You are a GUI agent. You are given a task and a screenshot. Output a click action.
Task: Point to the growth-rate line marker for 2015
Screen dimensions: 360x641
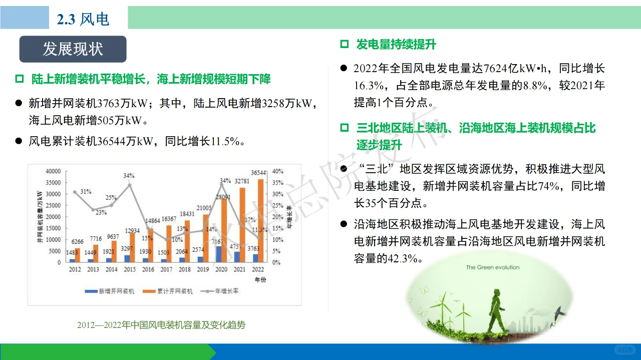pyautogui.click(x=129, y=185)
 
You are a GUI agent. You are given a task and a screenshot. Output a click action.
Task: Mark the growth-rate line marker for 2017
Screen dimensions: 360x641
pyautogui.click(x=166, y=239)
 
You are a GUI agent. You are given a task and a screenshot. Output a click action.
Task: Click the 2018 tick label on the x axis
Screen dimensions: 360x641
pyautogui.click(x=184, y=269)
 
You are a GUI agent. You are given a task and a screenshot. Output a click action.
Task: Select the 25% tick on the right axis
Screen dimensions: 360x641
pyautogui.click(x=278, y=205)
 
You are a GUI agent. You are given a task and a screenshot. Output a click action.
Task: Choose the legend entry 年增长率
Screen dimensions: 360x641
pyautogui.click(x=220, y=291)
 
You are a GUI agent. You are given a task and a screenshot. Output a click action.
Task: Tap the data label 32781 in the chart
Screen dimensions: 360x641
pyautogui.click(x=241, y=181)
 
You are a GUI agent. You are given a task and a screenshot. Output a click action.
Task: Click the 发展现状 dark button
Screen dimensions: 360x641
pyautogui.click(x=73, y=49)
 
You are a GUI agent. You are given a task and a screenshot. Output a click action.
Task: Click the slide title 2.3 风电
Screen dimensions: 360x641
pyautogui.click(x=83, y=19)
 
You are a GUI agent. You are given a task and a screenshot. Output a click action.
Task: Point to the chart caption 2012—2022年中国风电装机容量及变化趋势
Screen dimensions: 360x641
pyautogui.click(x=161, y=325)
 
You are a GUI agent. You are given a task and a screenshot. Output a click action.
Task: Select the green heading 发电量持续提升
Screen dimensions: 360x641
pyautogui.click(x=396, y=45)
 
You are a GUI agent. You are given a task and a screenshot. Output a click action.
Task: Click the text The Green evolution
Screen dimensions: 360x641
pyautogui.click(x=493, y=267)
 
